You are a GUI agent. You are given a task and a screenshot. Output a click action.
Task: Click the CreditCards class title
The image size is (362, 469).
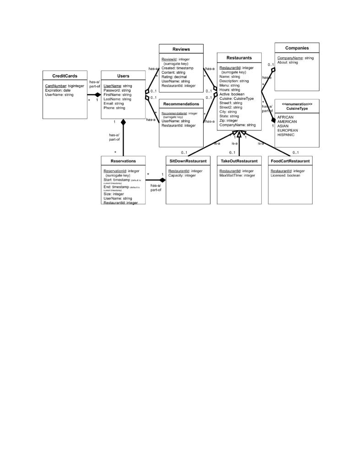(64, 76)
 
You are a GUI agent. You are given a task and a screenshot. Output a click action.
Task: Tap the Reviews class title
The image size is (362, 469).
(181, 49)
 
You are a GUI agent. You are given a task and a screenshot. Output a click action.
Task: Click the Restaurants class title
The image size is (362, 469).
(239, 58)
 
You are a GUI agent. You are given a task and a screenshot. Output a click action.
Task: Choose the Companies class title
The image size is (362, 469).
(297, 48)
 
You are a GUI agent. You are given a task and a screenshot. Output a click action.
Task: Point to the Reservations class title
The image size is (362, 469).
(123, 161)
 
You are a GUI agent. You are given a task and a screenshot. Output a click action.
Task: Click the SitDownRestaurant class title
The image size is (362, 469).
(188, 161)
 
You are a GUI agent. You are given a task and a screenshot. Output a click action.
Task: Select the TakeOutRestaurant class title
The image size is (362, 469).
(239, 161)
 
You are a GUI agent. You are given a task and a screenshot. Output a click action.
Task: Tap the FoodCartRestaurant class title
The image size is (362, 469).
(290, 161)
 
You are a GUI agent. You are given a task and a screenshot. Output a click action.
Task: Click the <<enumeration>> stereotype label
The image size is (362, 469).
(297, 104)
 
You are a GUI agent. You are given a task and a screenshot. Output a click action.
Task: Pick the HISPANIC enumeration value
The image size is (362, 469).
(286, 135)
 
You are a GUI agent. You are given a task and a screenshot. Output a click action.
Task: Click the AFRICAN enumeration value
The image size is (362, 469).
(285, 117)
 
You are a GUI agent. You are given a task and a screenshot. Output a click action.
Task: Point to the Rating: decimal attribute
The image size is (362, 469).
(177, 76)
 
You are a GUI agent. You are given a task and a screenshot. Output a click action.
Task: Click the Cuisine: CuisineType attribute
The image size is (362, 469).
(236, 98)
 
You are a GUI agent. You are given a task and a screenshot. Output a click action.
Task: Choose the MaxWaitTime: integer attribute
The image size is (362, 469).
(237, 175)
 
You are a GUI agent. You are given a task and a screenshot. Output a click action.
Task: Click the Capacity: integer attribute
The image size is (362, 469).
(182, 175)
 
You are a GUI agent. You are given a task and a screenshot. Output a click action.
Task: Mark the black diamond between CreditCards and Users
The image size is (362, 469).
(97, 95)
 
